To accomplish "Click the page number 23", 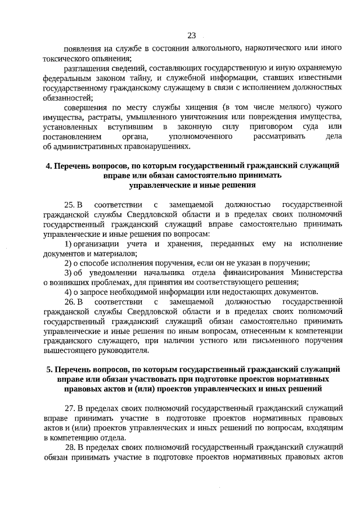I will click(x=191, y=35).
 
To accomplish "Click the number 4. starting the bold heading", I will click(x=48, y=165).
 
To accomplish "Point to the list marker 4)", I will click(x=68, y=291).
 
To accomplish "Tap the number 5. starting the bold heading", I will click(x=48, y=370).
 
